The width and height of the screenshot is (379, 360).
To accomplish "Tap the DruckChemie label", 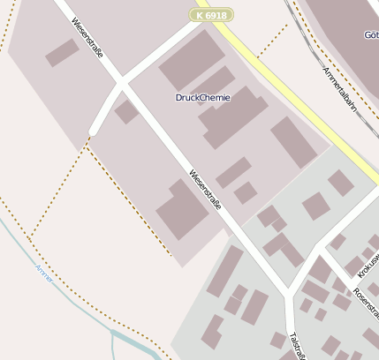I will [203, 98].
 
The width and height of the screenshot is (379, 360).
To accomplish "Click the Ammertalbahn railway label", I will [339, 87].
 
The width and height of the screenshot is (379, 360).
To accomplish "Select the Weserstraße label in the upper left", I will [88, 39].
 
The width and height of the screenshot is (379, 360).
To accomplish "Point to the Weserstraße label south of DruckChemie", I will [205, 191].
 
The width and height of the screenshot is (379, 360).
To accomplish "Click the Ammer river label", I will [43, 273].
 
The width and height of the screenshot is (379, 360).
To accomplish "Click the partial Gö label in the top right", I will [370, 35].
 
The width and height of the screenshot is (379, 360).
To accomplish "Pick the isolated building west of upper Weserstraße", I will [62, 52].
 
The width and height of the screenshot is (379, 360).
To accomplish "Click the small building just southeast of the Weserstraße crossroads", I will [126, 112].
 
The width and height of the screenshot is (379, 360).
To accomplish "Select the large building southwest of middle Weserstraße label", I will [182, 210].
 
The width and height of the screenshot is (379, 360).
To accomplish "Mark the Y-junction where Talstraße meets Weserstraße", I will [288, 290].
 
